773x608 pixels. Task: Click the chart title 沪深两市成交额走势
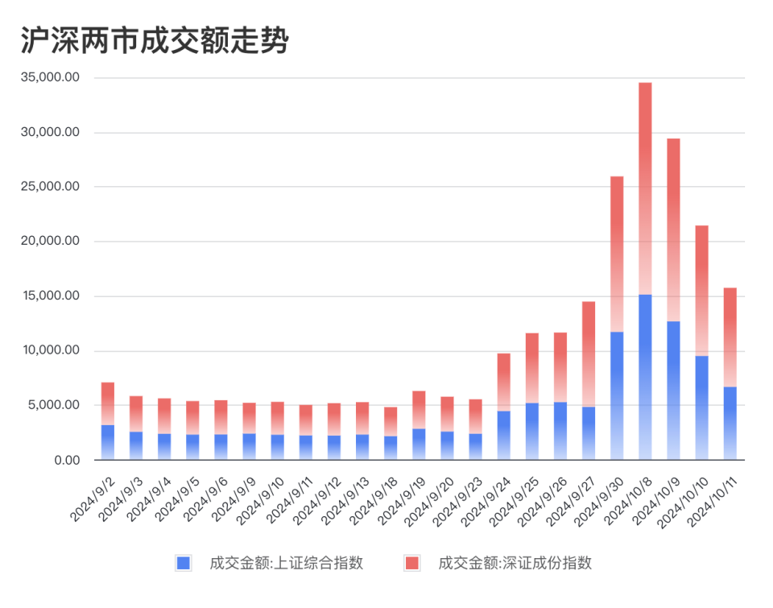click(153, 40)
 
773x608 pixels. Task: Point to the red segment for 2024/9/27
click(589, 354)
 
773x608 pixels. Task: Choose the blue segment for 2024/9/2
click(108, 442)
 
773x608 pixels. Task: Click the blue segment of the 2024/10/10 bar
click(702, 407)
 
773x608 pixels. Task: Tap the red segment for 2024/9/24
click(503, 382)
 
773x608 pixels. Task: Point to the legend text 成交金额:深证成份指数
click(515, 563)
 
